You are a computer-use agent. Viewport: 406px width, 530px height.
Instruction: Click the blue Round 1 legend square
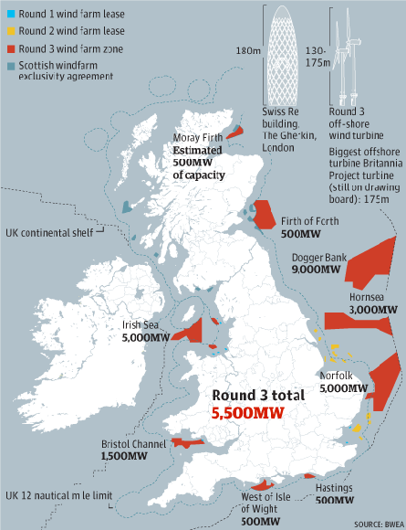click(x=9, y=15)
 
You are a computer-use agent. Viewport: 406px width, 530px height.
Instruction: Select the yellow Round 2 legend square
click(x=9, y=31)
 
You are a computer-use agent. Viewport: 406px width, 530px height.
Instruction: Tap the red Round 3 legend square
click(x=9, y=48)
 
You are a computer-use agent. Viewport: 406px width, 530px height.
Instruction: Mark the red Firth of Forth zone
click(x=265, y=215)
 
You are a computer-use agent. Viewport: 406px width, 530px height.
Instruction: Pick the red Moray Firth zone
click(x=235, y=132)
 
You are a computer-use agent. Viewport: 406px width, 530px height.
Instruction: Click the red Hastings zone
click(x=309, y=476)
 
